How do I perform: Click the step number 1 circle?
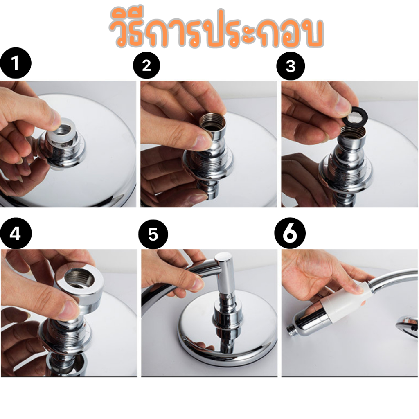16,63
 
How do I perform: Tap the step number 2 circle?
146,65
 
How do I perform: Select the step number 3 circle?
291,66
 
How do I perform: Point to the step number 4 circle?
16,233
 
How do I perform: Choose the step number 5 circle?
153,234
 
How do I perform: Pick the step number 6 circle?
290,233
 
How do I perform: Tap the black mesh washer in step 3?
356,116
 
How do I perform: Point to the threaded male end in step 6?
293,328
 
